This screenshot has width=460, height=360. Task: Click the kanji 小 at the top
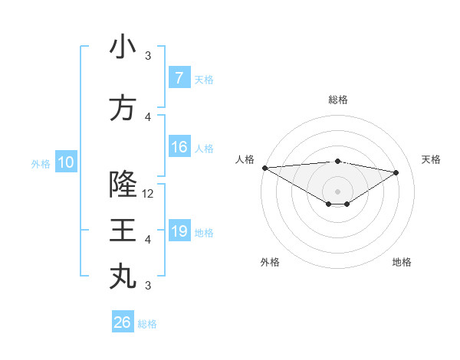click(x=123, y=47)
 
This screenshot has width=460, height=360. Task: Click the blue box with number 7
click(x=179, y=78)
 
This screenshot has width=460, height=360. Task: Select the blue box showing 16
click(x=179, y=148)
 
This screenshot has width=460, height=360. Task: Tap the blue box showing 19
click(x=179, y=231)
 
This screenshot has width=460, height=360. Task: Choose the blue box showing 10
click(x=65, y=162)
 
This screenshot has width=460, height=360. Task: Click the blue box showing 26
click(x=122, y=322)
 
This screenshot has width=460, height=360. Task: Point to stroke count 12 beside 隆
click(x=149, y=194)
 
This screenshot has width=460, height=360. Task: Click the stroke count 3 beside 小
click(x=148, y=56)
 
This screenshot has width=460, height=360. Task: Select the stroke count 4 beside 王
click(x=148, y=240)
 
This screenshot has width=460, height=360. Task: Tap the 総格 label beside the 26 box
click(x=147, y=324)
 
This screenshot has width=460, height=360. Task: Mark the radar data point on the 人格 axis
click(x=264, y=167)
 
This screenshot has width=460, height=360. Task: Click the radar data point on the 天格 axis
click(x=396, y=172)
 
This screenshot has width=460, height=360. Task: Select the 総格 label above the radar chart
click(x=338, y=100)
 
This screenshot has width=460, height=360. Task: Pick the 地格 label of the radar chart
click(x=402, y=262)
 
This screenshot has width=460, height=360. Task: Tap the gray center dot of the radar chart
click(x=337, y=190)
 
